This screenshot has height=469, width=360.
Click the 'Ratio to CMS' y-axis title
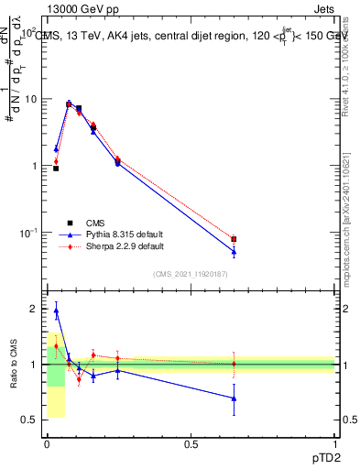[x=14, y=365]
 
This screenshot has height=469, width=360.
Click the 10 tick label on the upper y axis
[x=30, y=99]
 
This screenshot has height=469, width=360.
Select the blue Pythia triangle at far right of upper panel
[x=234, y=251]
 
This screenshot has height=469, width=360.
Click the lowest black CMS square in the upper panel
[x=56, y=169]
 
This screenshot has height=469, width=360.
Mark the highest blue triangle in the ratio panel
[x=56, y=311]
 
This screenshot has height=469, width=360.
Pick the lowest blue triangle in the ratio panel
[x=234, y=398]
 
